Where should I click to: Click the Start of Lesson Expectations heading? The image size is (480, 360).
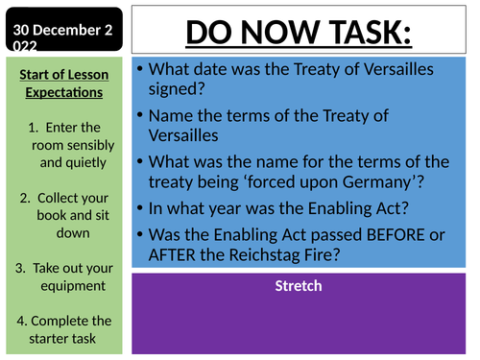coord(63,84)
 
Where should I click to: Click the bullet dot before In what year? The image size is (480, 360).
coord(140,207)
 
